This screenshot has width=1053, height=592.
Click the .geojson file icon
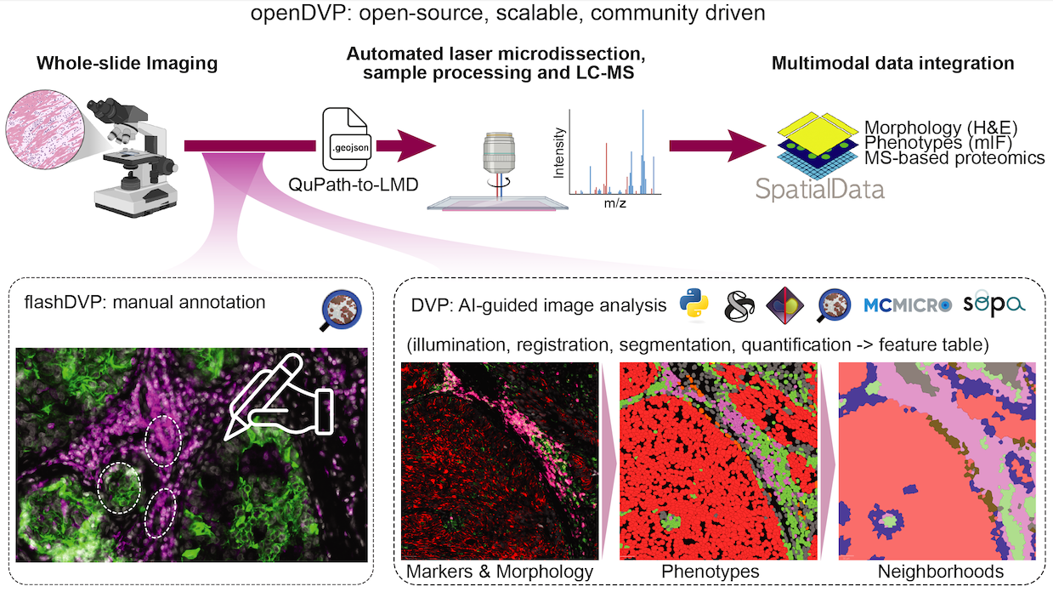coord(348,139)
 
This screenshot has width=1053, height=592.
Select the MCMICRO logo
coord(908,305)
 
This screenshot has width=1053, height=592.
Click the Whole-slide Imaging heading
coord(127,63)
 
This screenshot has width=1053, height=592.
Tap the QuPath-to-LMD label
coord(353,185)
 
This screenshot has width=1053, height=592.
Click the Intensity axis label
coord(558,153)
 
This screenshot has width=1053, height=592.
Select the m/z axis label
coord(614,203)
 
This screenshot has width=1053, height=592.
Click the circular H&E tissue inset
coord(45,129)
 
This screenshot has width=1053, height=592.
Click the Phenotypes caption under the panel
coord(710,572)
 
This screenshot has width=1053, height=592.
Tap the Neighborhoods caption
coord(940,572)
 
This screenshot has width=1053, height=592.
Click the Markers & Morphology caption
coord(499,572)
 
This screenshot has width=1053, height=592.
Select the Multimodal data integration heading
coord(892,63)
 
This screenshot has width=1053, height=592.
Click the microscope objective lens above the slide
coord(498,153)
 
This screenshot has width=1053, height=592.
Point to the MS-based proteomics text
coord(954,158)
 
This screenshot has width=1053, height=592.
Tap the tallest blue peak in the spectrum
coord(643,151)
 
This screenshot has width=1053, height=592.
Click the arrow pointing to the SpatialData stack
coord(717,145)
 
